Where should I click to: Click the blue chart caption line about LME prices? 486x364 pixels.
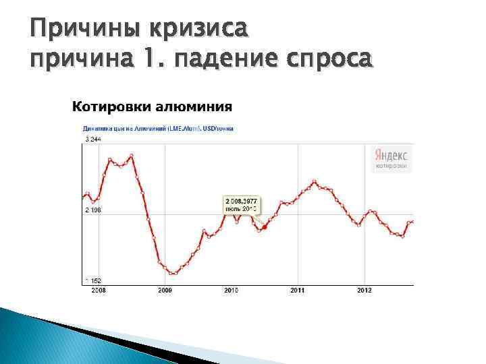[158, 128]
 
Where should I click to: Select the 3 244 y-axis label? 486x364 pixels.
[92, 139]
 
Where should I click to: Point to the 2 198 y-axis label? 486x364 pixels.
[92, 211]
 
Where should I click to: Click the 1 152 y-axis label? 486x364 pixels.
[92, 280]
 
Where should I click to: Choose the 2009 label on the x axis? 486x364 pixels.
[165, 290]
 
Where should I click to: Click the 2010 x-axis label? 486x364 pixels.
[232, 290]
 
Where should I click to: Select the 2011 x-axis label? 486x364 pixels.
[298, 290]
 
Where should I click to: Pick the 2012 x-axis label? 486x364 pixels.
[364, 290]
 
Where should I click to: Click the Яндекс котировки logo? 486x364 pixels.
[391, 159]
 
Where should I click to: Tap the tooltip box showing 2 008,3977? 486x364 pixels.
[242, 205]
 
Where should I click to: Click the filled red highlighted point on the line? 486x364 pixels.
[264, 227]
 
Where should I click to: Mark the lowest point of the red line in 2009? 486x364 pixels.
[173, 274]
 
